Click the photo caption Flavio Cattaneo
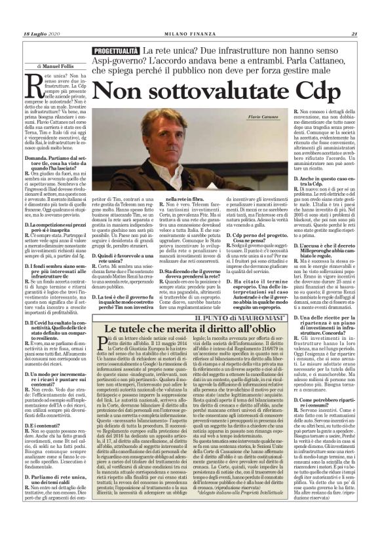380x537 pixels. pyautogui.click(x=265, y=115)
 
